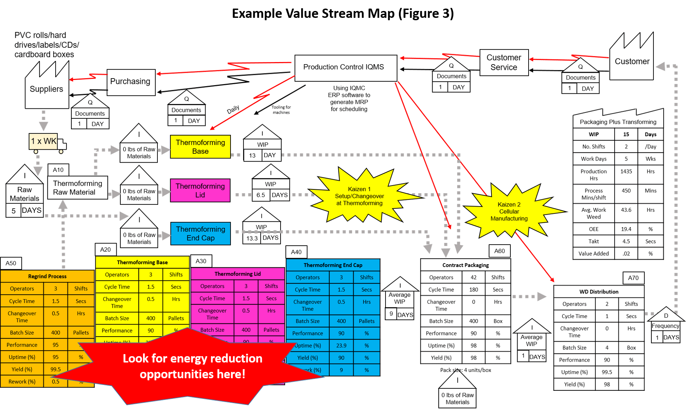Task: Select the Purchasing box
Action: pyautogui.click(x=131, y=82)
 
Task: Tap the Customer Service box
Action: pyautogui.click(x=504, y=62)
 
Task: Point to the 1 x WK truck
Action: pyautogui.click(x=45, y=142)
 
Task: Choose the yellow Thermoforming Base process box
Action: pyautogui.click(x=200, y=147)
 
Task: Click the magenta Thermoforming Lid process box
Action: pyautogui.click(x=200, y=190)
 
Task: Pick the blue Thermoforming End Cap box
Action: pyautogui.click(x=200, y=234)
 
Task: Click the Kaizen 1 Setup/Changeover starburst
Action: pyautogui.click(x=359, y=196)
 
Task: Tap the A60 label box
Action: pyautogui.click(x=499, y=251)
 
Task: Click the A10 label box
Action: pyautogui.click(x=58, y=170)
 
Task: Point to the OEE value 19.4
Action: pyautogui.click(x=626, y=229)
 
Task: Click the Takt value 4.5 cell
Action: pyautogui.click(x=626, y=242)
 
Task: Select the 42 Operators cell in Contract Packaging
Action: pyautogui.click(x=473, y=278)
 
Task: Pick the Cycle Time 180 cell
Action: pyautogui.click(x=473, y=290)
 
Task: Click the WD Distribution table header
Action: pyautogui.click(x=599, y=292)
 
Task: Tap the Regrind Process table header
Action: pyautogui.click(x=47, y=277)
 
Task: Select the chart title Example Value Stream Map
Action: pyautogui.click(x=343, y=14)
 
